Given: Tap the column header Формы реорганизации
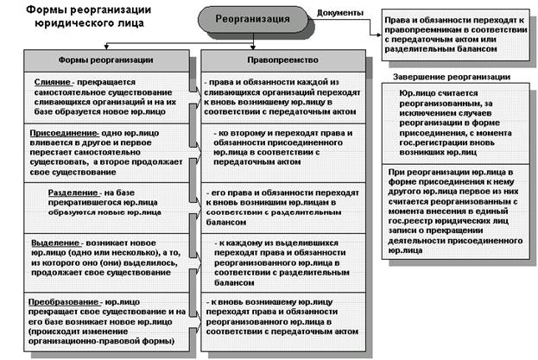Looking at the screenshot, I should pos(106,61).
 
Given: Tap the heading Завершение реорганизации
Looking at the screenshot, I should pos(443,78).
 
